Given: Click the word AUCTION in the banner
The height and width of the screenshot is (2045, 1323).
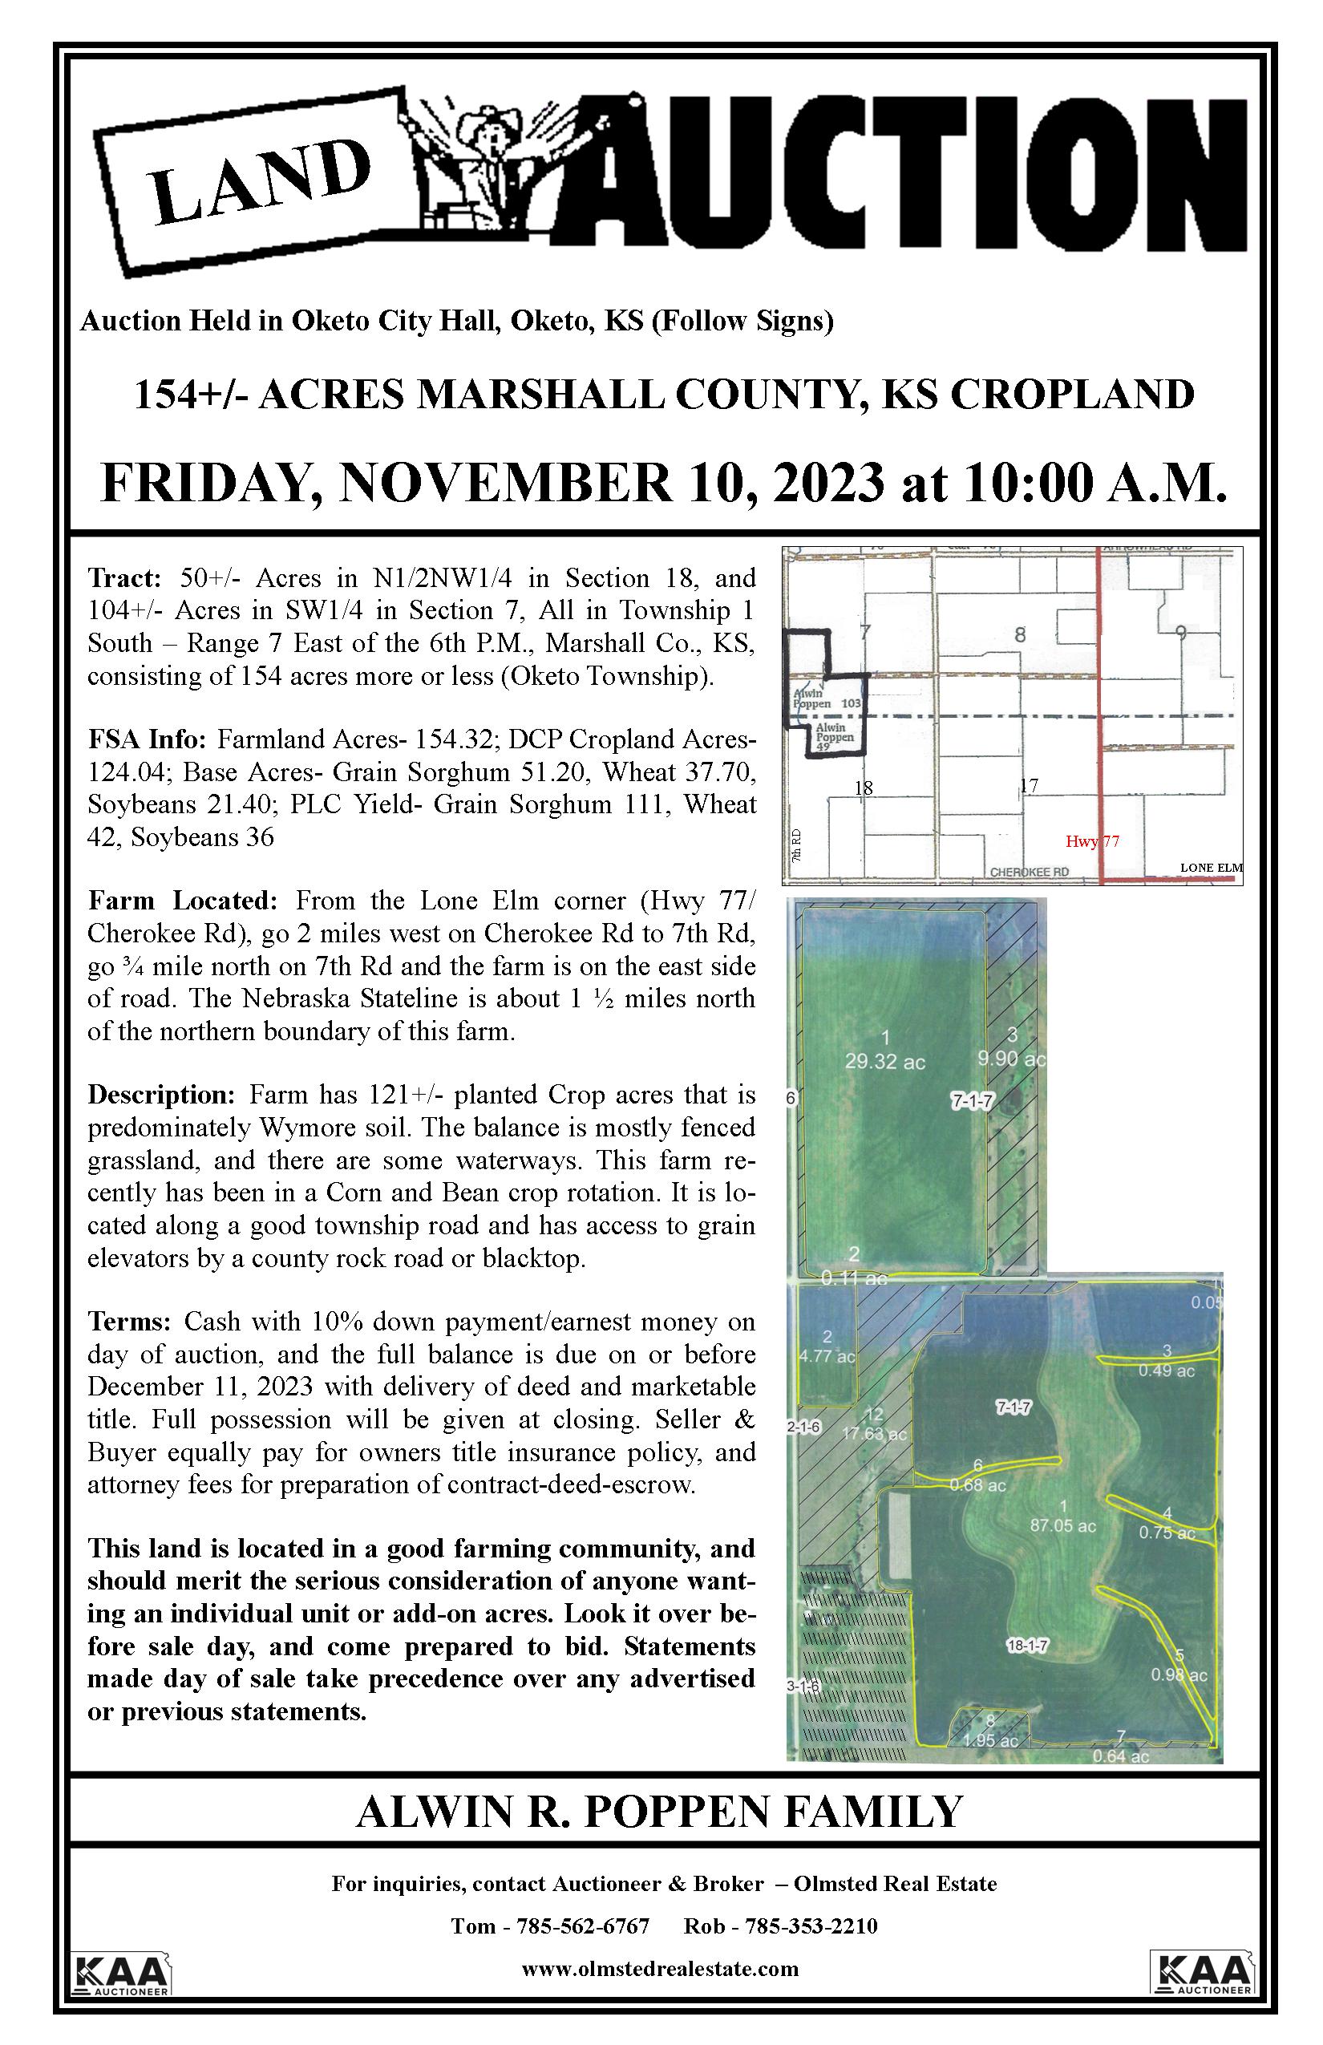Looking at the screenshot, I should point(902,172).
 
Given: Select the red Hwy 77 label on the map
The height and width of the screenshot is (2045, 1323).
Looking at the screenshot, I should point(1092,841).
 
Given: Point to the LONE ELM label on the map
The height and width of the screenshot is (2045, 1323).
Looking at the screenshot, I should point(1211,868).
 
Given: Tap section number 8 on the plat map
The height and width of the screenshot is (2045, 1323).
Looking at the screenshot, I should point(1020,635).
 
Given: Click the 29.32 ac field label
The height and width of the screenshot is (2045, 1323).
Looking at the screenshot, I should point(885,1062).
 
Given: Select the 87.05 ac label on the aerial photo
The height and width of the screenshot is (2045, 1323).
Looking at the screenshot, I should point(1062,1525).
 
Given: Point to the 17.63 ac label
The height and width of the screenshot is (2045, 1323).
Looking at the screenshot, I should point(875,1433).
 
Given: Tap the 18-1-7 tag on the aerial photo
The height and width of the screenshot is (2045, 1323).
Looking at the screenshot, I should point(1027,1646).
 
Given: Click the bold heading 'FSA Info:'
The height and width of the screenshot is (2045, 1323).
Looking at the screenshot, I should point(146,739).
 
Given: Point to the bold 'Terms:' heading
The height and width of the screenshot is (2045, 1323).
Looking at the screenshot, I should point(131,1321).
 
